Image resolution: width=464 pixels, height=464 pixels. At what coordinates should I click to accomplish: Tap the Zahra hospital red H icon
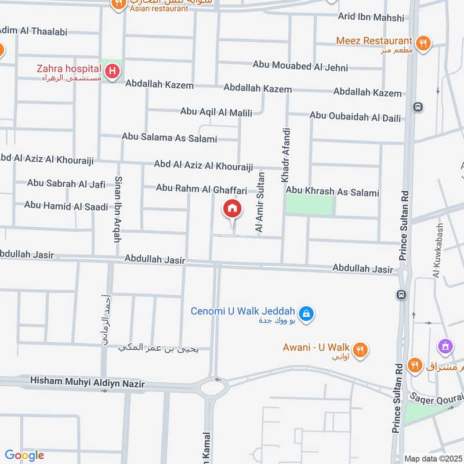pos(113,72)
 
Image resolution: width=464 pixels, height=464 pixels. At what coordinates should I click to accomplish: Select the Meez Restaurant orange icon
pos(423,42)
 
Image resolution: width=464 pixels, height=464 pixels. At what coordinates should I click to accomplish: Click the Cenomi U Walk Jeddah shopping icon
pos(307,314)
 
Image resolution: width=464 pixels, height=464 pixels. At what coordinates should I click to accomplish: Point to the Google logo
pos(24,455)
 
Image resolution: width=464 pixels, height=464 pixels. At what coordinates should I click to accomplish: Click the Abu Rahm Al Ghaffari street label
pos(201,188)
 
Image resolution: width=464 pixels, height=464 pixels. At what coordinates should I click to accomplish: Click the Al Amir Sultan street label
pos(260,203)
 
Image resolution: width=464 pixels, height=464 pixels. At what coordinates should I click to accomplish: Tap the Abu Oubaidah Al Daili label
pos(355,117)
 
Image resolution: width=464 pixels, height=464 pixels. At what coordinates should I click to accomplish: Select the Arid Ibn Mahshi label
pos(372,18)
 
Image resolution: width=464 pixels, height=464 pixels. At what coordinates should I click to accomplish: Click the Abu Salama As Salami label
pos(169,138)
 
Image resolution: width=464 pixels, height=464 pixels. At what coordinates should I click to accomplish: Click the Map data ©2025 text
pos(432,458)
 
